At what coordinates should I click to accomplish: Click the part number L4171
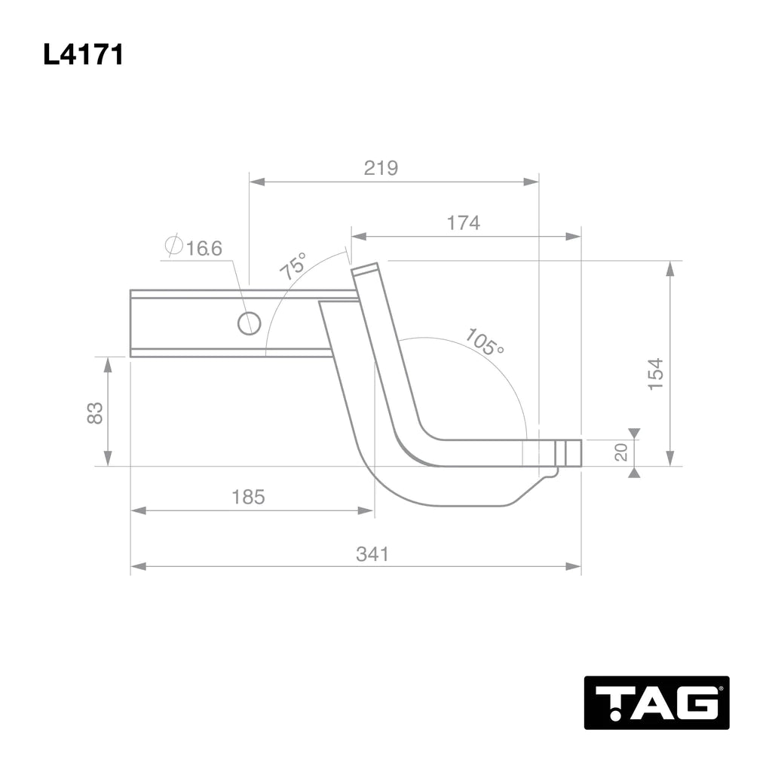point(83,55)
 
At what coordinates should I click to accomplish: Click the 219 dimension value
point(381,168)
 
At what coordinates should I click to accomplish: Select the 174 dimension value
point(463,223)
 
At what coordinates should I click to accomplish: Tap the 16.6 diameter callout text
point(204,248)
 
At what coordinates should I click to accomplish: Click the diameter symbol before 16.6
point(173,247)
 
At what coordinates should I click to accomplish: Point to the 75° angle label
point(294,267)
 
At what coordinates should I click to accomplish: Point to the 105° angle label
point(483,342)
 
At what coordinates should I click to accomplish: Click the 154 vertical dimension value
point(656,373)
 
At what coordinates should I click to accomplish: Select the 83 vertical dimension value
point(95,412)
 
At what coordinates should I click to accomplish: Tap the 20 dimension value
point(621,452)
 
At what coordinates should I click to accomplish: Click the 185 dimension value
point(248,498)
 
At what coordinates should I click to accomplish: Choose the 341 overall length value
point(372,554)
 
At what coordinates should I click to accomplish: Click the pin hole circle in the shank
point(249,323)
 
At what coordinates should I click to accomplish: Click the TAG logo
point(657,703)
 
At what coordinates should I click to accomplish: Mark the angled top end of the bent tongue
point(365,269)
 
